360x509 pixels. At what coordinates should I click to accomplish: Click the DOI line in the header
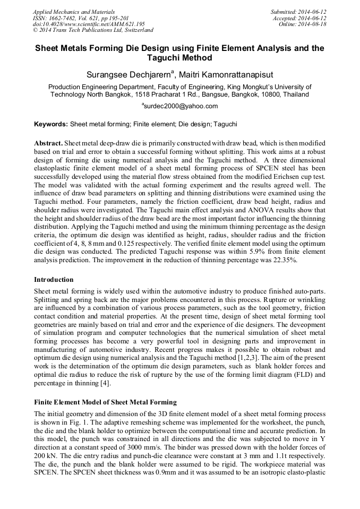89,24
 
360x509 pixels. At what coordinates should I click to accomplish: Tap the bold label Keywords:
51,124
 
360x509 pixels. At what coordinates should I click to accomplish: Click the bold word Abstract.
48,144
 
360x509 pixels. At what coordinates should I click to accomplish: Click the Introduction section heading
54,280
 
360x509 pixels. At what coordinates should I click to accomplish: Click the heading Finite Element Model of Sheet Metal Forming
105,402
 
